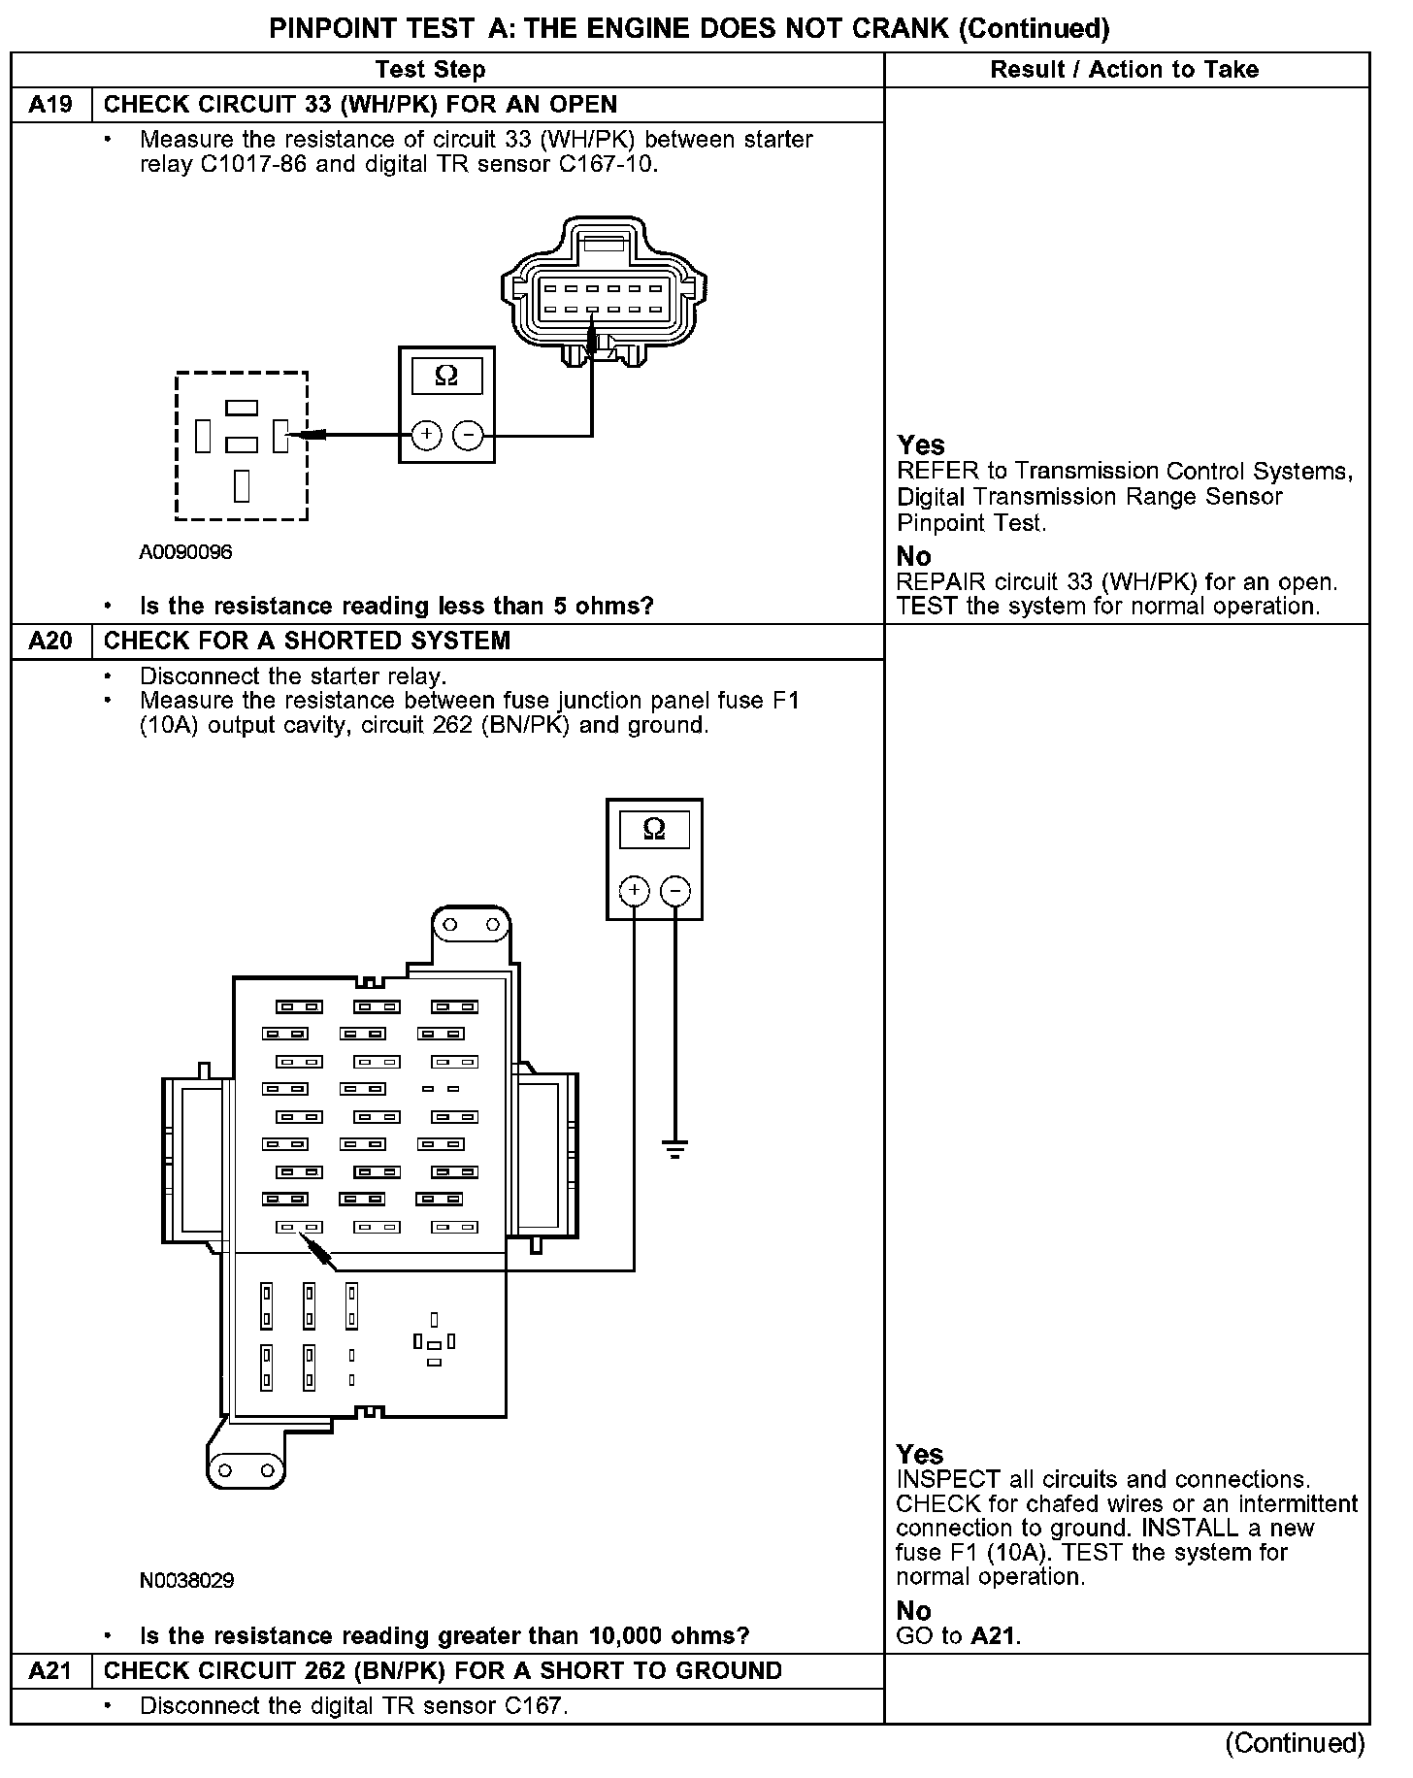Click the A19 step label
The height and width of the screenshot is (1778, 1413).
pos(50,105)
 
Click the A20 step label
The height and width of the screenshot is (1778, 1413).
pos(50,642)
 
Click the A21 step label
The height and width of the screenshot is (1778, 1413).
pos(50,1671)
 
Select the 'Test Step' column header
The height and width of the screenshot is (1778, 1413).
pos(430,70)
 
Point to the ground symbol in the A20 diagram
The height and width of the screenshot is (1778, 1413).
pos(675,1149)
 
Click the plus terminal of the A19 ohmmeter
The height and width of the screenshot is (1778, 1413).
pos(426,436)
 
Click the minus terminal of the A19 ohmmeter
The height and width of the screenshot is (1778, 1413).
pos(469,436)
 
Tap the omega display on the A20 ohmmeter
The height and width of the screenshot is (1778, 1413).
pos(654,830)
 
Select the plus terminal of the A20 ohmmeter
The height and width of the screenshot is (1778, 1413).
pos(634,890)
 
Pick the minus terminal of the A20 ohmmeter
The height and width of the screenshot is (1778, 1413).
pos(675,890)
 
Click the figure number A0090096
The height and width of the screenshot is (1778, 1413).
pos(185,552)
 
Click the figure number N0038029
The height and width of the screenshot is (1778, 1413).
pos(186,1581)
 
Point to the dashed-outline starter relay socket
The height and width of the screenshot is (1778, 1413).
pos(242,446)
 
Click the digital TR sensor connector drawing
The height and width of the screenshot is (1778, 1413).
pos(604,291)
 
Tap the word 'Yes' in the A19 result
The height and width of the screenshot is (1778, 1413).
pos(920,445)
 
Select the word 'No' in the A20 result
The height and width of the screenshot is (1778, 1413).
pos(913,1611)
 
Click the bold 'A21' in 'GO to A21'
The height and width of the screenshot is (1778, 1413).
pos(994,1636)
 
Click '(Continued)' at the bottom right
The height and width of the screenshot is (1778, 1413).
pos(1295,1744)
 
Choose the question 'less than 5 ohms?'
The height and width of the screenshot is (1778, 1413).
pos(396,607)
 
